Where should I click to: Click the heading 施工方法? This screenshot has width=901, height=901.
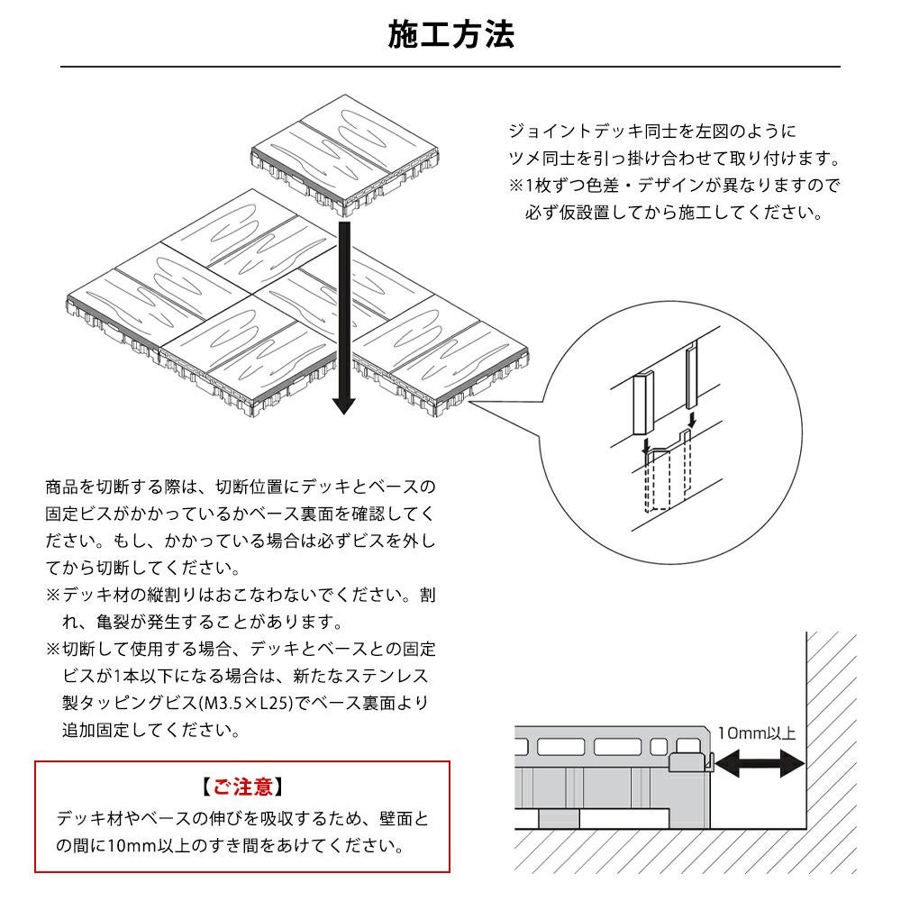(450, 35)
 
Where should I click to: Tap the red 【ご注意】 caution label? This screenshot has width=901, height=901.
(242, 787)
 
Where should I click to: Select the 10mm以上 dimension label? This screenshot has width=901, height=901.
(758, 733)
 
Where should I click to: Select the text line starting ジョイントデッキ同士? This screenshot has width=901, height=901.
(652, 132)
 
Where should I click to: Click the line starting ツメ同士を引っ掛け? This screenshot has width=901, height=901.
(674, 159)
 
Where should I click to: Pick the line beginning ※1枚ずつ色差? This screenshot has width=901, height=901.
(674, 187)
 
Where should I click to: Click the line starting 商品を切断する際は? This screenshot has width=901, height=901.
(241, 487)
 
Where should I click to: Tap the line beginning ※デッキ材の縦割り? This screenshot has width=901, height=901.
(241, 596)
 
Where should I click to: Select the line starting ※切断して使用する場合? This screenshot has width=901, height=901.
(241, 649)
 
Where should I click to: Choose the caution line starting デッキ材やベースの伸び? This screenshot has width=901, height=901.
(242, 819)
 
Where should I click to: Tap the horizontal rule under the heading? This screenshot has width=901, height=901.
(450, 67)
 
